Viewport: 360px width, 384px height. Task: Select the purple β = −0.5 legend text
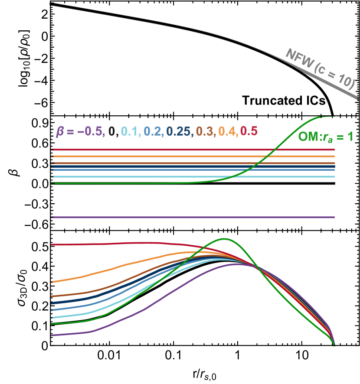80,131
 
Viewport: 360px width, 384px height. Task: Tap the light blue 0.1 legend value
129,131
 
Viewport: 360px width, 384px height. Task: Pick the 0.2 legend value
152,131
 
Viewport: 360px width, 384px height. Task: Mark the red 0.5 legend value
249,131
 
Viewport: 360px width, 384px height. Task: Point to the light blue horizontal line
130,177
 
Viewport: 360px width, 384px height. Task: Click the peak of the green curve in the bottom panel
224,239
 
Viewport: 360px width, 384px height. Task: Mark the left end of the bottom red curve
52,245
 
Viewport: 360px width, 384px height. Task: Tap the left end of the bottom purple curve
52,335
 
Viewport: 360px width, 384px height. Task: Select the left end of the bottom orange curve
52,282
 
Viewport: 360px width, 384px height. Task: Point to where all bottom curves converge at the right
334,345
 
